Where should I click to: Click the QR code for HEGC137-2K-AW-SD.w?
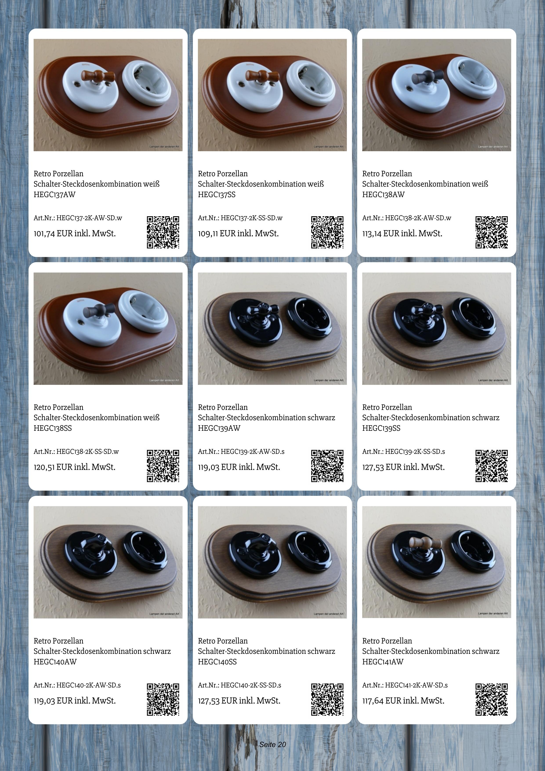tap(163, 232)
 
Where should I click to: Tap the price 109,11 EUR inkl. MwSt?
tap(238, 234)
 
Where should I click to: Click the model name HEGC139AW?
tap(219, 428)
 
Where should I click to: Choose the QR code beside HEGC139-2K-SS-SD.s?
tap(491, 466)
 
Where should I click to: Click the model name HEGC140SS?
tap(217, 662)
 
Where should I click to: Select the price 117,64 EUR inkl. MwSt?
tap(403, 701)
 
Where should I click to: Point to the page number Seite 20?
tap(272, 744)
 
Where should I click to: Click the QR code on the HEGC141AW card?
tap(491, 700)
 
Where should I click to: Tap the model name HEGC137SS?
tap(217, 195)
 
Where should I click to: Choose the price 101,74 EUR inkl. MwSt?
tap(74, 234)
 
